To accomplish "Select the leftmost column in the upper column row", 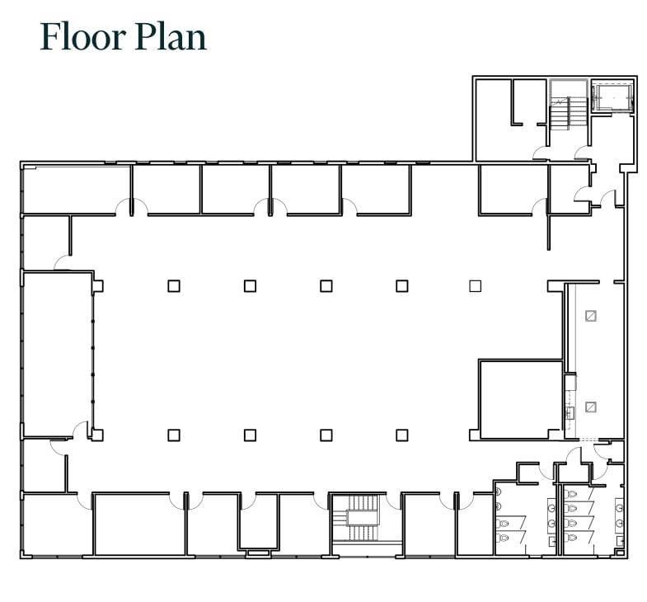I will coord(173,285).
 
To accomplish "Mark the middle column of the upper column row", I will coord(326,285).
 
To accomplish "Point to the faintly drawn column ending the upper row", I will coord(475,285).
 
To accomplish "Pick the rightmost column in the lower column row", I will coord(401,435).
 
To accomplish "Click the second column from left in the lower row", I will coord(250,435).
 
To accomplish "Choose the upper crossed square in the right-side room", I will coord(590,315).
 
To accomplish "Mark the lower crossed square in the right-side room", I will coord(590,407).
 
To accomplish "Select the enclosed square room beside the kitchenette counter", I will coord(520,399).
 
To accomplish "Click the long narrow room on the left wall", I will coord(57,355).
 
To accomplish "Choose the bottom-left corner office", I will coord(56,524).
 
